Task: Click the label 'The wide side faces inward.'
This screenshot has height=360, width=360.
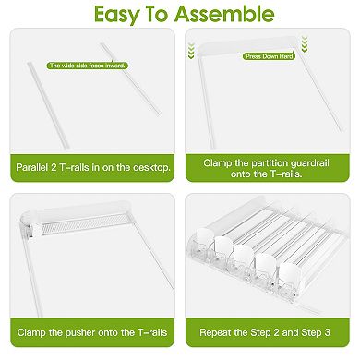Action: point(88,66)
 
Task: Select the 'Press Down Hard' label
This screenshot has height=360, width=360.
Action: point(268,56)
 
